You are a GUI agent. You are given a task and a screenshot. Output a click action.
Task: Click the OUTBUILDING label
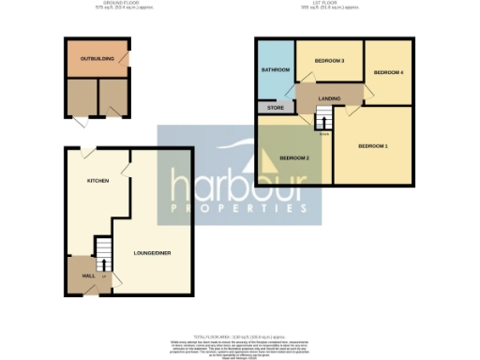tap(97, 59)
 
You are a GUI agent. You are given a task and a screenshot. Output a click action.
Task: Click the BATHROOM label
tap(275, 70)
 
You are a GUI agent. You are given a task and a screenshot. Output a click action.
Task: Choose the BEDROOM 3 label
tap(329, 61)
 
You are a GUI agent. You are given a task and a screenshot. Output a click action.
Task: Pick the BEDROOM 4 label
tap(388, 72)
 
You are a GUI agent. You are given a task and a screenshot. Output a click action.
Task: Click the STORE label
tap(276, 109)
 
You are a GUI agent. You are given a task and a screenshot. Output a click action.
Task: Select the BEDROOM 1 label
tap(372, 145)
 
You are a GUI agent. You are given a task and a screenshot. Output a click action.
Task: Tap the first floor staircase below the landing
tap(323, 119)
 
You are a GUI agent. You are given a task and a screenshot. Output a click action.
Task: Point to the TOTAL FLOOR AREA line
tap(240, 336)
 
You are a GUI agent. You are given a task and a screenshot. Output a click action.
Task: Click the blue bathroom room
tap(276, 80)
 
